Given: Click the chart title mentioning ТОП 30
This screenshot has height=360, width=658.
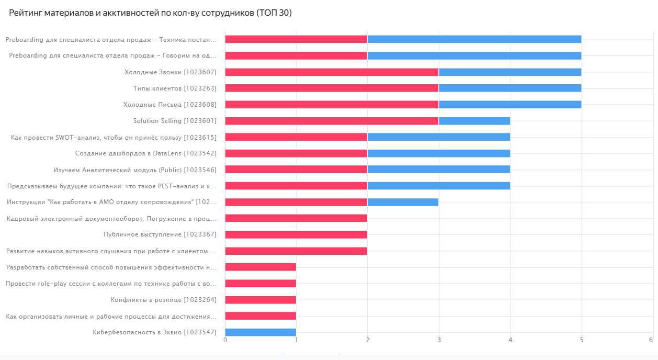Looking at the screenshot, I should click(x=150, y=13).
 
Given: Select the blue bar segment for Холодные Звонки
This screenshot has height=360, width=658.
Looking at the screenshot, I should click(x=510, y=72).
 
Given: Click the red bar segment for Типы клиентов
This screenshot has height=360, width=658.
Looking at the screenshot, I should click(x=332, y=88).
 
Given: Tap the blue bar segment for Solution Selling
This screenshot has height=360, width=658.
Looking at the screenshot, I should click(x=474, y=121).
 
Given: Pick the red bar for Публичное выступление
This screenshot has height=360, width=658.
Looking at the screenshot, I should click(x=296, y=234).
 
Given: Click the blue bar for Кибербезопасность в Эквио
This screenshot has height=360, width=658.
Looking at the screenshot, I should click(x=260, y=332).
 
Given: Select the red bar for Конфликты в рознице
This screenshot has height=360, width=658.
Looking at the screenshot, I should click(x=260, y=300).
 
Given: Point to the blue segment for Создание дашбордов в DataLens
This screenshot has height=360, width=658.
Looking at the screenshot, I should click(x=439, y=153).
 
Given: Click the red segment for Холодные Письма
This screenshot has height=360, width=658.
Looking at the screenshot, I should click(x=332, y=105).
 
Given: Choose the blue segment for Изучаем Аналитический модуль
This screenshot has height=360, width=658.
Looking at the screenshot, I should click(x=439, y=170).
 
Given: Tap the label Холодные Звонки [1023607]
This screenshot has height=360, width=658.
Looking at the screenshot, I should click(x=170, y=72).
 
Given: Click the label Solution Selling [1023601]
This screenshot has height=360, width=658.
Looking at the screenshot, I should click(x=175, y=121).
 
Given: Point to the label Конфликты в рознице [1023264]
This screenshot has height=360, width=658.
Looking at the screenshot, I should click(x=163, y=300).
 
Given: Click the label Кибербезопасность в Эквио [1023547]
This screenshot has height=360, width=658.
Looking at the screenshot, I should click(x=154, y=332).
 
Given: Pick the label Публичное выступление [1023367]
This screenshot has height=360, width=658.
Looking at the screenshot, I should click(x=160, y=234).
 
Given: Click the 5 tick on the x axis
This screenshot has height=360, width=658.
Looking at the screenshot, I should click(x=581, y=340).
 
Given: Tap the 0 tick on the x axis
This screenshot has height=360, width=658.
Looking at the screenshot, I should click(x=225, y=340).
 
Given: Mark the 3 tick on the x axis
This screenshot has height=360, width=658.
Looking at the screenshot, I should click(x=439, y=340).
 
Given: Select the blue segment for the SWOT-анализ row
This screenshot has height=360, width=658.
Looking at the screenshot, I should click(x=439, y=137).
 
